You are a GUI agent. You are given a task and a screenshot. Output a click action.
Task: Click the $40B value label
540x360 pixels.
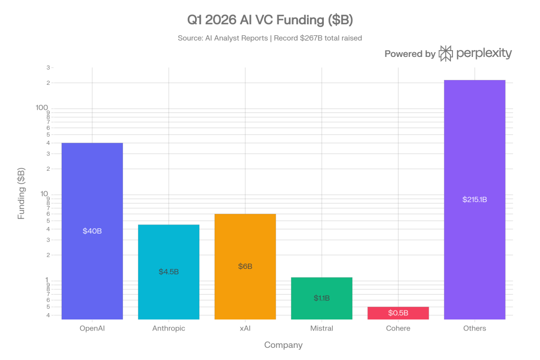tap(92, 231)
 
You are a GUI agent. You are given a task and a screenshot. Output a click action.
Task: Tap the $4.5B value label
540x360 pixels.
tap(169, 271)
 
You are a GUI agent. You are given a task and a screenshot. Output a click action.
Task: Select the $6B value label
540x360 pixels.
tap(245, 266)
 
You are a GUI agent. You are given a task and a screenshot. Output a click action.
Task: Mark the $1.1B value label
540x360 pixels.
tap(322, 298)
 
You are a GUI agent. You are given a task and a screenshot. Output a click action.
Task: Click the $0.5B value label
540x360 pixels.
tap(398, 313)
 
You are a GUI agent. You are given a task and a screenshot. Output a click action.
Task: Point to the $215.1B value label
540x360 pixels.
tap(475, 199)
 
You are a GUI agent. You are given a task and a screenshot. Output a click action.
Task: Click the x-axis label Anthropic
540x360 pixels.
tap(169, 328)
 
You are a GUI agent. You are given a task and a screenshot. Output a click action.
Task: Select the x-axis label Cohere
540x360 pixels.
tap(398, 328)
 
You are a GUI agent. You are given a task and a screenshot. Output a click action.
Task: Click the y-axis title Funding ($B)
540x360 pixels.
tap(21, 193)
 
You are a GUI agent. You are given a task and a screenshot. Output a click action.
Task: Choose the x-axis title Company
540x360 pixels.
tap(283, 345)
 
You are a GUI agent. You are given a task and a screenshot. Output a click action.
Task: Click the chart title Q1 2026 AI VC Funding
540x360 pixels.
tap(270, 21)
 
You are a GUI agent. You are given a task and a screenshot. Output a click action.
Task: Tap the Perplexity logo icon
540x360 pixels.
tap(446, 53)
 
